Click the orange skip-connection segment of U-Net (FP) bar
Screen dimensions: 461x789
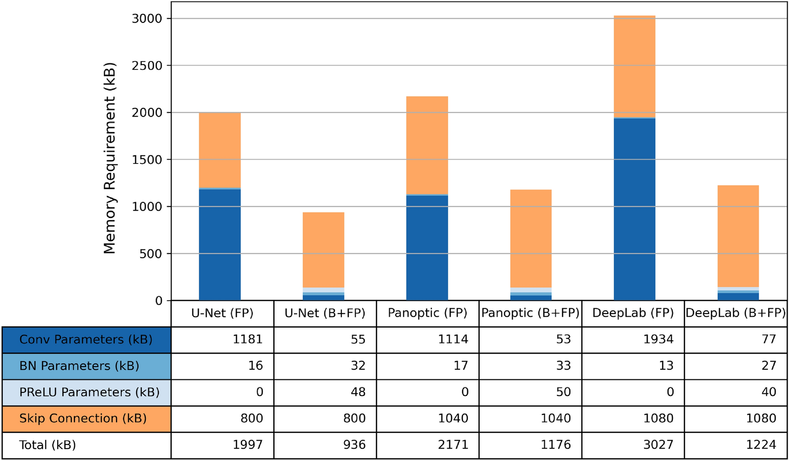pyautogui.click(x=220, y=150)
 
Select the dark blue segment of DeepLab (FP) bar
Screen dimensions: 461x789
pyautogui.click(x=634, y=209)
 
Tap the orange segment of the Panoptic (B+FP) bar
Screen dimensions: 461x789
pyautogui.click(x=530, y=238)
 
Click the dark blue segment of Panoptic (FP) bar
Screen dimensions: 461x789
pyautogui.click(x=427, y=248)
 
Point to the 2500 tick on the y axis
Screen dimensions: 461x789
pyautogui.click(x=147, y=66)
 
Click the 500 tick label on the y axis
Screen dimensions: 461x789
pyautogui.click(x=147, y=254)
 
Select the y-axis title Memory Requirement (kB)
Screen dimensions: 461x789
pyautogui.click(x=110, y=158)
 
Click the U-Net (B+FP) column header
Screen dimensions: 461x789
pyautogui.click(x=325, y=313)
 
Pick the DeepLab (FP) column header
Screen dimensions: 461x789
pyautogui.click(x=633, y=313)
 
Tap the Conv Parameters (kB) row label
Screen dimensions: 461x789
pyautogui.click(x=86, y=340)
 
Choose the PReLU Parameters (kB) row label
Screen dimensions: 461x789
pyautogui.click(x=89, y=392)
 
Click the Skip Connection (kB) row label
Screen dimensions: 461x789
pyautogui.click(x=83, y=419)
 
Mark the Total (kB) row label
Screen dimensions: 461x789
pyautogui.click(x=48, y=445)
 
